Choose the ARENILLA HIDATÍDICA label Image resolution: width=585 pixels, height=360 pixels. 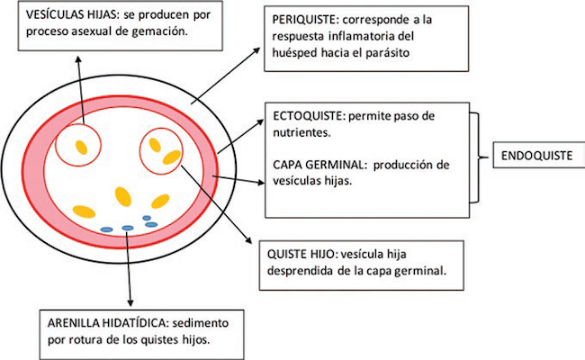pyautogui.click(x=101, y=321)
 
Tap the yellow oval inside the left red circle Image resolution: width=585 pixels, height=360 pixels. pyautogui.click(x=81, y=145)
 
